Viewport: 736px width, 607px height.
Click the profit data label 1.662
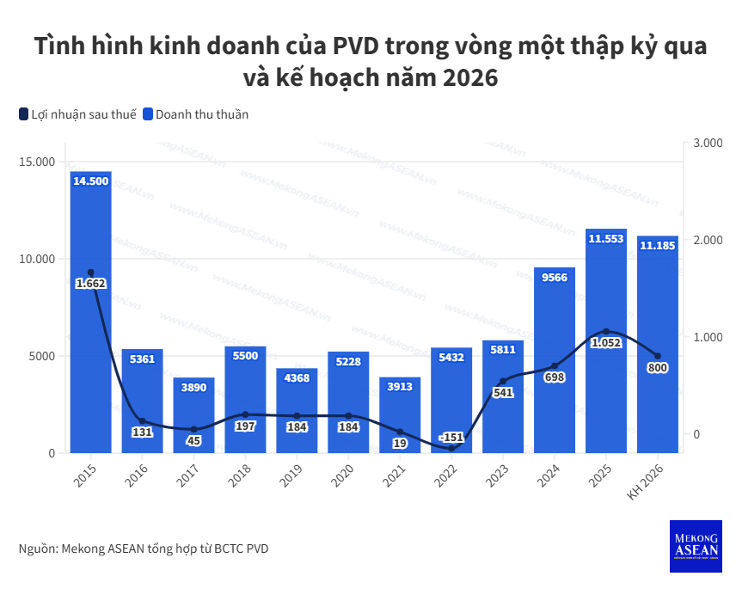[x=90, y=283]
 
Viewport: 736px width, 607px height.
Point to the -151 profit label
[x=451, y=437]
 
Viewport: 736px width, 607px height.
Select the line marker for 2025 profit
[x=606, y=332]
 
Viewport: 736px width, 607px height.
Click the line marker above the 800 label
[x=658, y=356]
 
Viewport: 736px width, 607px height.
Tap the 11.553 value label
[x=606, y=238]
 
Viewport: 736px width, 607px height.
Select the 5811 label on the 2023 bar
[x=503, y=349]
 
